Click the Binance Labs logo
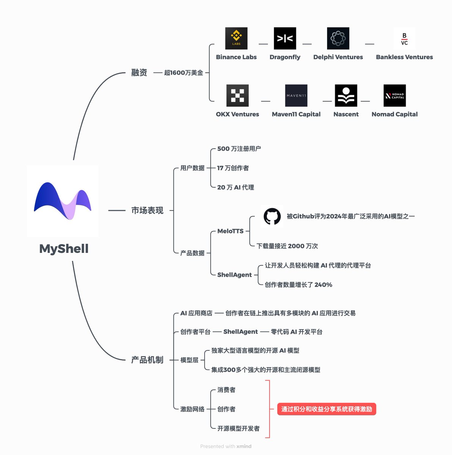click(x=236, y=38)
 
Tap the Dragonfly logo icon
click(x=285, y=38)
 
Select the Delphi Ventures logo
click(x=338, y=38)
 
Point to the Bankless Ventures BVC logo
click(x=404, y=39)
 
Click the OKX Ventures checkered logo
click(x=237, y=96)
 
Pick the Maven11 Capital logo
click(x=296, y=96)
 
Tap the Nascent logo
click(x=346, y=96)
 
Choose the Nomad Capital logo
click(x=394, y=96)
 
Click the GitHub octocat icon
click(x=272, y=217)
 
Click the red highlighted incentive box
click(x=326, y=409)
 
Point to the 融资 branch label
click(x=139, y=72)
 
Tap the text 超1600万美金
click(x=184, y=73)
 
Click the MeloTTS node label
click(x=230, y=231)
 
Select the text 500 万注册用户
click(x=239, y=149)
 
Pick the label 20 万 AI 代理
click(x=236, y=187)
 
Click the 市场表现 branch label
click(x=147, y=210)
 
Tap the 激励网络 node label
click(x=192, y=409)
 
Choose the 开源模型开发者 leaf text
click(x=238, y=428)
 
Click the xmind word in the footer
click(x=244, y=446)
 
